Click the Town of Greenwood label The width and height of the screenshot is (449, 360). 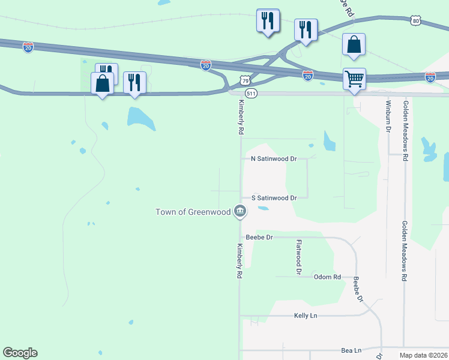[193, 212]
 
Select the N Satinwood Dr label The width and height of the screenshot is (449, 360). [274, 159]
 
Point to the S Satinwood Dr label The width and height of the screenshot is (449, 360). [274, 197]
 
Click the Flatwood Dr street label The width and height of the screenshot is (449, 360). [298, 257]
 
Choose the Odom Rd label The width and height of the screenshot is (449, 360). [328, 277]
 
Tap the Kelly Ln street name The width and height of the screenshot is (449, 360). [305, 316]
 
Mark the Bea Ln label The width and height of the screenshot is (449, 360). [351, 350]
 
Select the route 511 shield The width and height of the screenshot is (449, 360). [252, 94]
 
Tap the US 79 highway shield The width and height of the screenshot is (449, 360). [244, 80]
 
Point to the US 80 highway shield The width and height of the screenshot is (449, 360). [417, 21]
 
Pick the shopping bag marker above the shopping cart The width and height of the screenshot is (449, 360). [354, 46]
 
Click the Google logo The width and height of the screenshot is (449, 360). [20, 353]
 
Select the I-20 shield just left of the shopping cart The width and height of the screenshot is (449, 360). [307, 75]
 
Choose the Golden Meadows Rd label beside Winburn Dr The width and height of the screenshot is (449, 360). [406, 131]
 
